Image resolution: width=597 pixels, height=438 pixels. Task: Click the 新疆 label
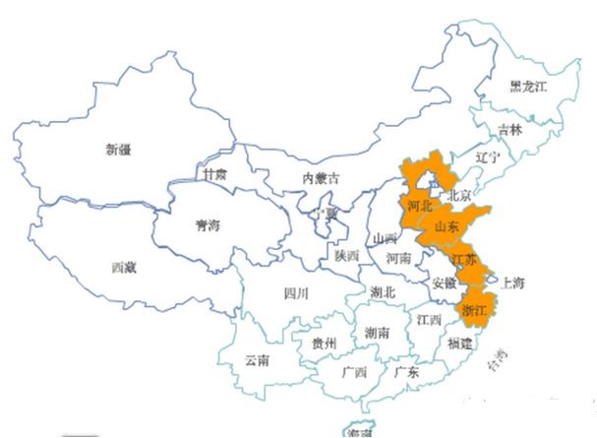(x=118, y=151)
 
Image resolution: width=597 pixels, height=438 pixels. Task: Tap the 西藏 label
(x=124, y=267)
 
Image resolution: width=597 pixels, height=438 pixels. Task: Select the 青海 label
(x=209, y=225)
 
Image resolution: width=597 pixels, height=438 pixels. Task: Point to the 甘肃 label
(x=214, y=173)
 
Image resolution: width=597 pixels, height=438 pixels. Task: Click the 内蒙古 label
(x=321, y=179)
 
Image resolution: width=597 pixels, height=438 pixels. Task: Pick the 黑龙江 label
(x=527, y=87)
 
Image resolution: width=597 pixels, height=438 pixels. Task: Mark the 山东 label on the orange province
(x=446, y=227)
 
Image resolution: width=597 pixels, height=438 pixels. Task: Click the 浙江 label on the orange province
(x=474, y=310)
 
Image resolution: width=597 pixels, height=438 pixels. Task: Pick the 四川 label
(x=296, y=292)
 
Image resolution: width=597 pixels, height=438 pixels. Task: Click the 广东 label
(x=406, y=372)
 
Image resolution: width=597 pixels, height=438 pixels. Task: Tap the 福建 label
(x=459, y=344)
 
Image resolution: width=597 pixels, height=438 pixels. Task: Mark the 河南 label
(x=398, y=259)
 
